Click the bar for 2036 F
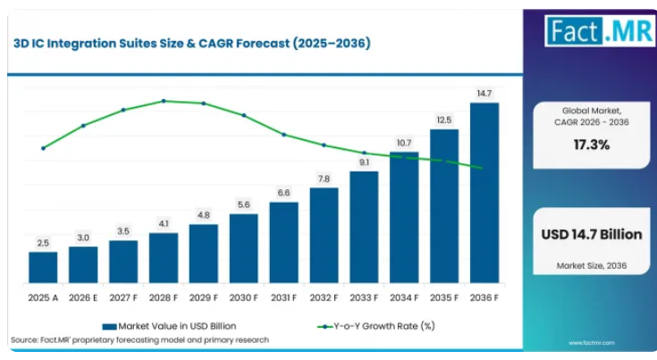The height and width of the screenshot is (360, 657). pos(484,193)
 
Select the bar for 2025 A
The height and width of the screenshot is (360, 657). pos(43,267)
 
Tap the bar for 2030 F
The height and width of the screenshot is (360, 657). pos(244,248)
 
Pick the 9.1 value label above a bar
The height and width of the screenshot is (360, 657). pos(364,163)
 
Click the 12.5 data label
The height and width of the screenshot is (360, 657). pos(444,120)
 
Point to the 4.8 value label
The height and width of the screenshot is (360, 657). pos(204,215)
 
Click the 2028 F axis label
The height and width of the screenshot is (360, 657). pos(164,297)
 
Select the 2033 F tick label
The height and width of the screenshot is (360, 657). pos(364,297)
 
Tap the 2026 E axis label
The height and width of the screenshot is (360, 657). pos(83,297)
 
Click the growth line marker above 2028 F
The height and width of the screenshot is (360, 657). pos(164,101)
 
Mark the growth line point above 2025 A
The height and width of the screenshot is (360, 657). pos(43,148)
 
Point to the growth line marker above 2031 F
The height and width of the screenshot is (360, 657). pos(283,135)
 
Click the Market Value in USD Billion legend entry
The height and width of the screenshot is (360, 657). pos(169,326)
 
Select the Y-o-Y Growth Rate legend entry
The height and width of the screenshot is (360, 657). pos(376,326)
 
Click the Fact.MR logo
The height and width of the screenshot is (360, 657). pos(600,31)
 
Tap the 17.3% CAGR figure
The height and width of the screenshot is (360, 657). pos(592,145)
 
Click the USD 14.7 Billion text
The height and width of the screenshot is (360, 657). pos(592,234)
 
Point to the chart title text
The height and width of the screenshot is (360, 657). pos(192,43)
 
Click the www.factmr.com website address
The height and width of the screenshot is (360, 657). pos(592,343)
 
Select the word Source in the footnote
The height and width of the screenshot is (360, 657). pos(24,340)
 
